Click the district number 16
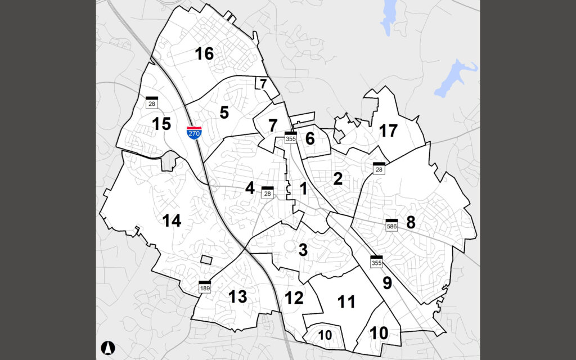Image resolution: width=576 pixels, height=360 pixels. coord(204,54)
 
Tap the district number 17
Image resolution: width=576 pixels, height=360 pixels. coord(388,131)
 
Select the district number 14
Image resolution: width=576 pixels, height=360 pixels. coord(172,221)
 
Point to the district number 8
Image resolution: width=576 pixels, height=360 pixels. coord(411,222)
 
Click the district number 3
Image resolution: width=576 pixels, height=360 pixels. coord(303,250)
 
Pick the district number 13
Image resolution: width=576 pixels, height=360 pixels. coord(238,296)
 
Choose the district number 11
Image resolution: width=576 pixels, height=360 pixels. coord(346,302)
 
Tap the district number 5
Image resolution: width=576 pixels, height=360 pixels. coord(224,112)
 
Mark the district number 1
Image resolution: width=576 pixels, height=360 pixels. coord(304,189)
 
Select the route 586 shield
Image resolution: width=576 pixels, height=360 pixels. coord(392,224)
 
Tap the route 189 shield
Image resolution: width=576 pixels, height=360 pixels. coord(205,287)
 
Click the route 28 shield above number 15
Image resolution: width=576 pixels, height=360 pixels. coord(151,102)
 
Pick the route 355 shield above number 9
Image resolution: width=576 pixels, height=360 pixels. coord(376,262)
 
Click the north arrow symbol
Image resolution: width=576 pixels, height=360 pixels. coord(107,347)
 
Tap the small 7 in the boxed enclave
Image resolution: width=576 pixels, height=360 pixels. coord(263,84)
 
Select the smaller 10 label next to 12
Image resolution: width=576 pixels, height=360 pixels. coord(325,335)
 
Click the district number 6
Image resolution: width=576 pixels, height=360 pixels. coord(310,138)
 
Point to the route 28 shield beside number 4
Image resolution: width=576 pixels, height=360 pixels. coord(268,192)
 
